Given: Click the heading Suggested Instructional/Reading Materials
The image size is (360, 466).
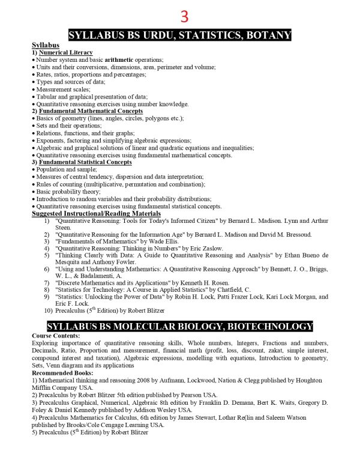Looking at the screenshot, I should coord(95,213).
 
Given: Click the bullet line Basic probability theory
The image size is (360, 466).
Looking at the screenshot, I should coord(68,192).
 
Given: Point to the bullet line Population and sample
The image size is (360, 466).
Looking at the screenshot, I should coord(66,170).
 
